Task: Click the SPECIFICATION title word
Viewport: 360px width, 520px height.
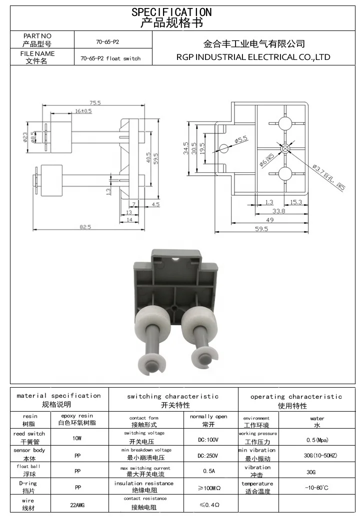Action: [171, 12]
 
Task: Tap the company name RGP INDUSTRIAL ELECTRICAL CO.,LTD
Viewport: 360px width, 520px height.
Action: [253, 57]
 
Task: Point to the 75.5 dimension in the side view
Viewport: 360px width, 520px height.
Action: [95, 103]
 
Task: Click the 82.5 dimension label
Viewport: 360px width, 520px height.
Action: [85, 227]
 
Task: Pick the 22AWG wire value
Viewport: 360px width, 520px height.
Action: [77, 505]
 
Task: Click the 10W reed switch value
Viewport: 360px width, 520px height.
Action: [77, 438]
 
